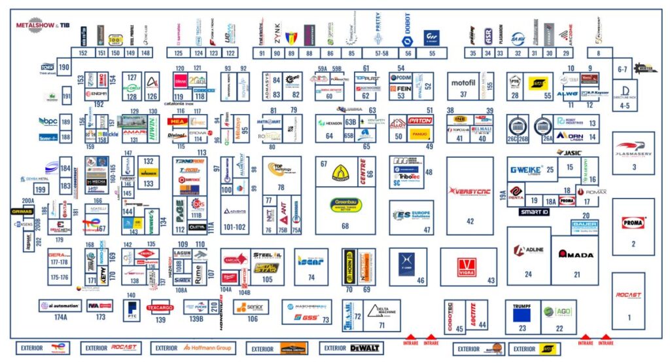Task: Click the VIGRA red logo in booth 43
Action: click(467, 266)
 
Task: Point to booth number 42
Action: click(470, 221)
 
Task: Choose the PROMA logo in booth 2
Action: click(633, 223)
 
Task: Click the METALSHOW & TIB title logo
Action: click(43, 25)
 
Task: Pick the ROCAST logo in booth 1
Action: click(629, 296)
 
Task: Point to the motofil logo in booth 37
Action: click(463, 83)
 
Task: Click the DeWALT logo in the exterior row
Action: click(347, 348)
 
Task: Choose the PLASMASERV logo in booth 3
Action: click(631, 147)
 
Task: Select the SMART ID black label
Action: click(535, 212)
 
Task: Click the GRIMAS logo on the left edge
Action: click(22, 212)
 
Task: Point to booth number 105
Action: click(267, 280)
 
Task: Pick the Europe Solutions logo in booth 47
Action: click(411, 215)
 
